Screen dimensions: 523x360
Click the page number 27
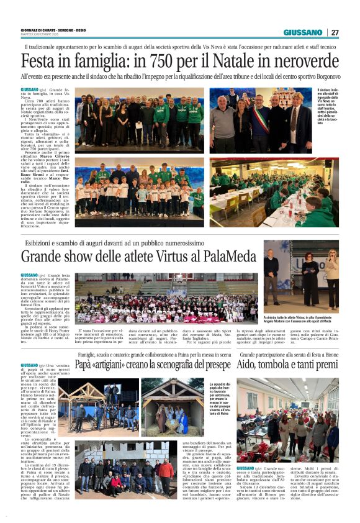point(335,32)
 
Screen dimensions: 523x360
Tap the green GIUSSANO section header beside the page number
point(303,32)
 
